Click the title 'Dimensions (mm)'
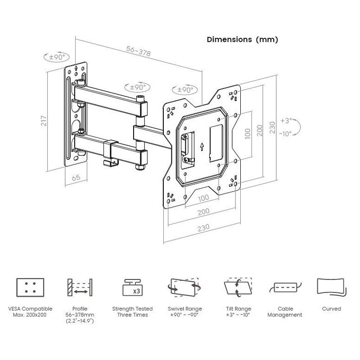(242, 40)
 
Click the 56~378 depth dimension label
(138, 52)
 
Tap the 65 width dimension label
(76, 177)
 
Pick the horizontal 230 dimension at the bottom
(202, 228)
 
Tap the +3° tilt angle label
(286, 121)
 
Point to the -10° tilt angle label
(285, 133)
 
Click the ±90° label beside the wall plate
(57, 57)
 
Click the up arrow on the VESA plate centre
(202, 147)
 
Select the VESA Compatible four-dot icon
(30, 287)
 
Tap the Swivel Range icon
(185, 287)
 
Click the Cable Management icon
(284, 287)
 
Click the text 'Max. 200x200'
(30, 315)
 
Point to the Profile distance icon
(80, 288)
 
